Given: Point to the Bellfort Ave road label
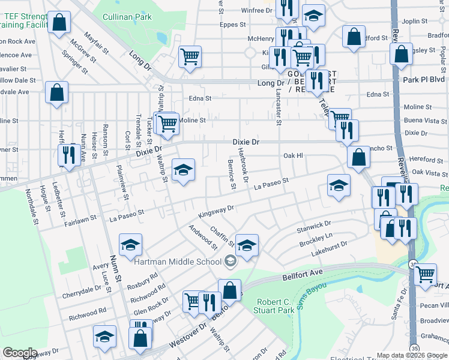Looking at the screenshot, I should pos(303,277).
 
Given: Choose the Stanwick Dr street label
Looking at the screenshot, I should pos(314,227).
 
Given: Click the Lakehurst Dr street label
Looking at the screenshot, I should pos(330,249).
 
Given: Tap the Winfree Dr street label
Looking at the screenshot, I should pos(256,11).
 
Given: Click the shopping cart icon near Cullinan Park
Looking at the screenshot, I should pos(190,57).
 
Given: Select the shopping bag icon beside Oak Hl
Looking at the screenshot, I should pos(359,157).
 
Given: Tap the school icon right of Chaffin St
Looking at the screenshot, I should pos(247,244).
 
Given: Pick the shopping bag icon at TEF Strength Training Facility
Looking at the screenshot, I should pos(59,23).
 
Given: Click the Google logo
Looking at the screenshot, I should pos(20,353).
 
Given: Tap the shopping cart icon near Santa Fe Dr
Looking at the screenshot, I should pos(426,274).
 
